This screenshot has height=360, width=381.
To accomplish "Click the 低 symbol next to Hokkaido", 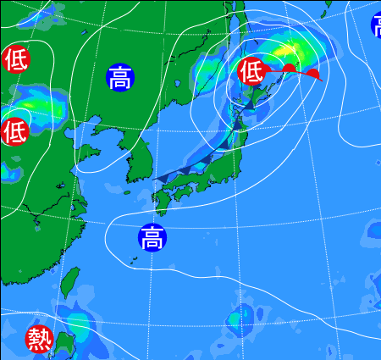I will [251, 71].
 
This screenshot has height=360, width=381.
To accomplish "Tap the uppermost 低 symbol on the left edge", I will [14, 59].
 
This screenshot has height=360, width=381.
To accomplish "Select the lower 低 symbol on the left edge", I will [14, 131].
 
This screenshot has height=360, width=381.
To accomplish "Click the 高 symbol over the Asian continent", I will [120, 78].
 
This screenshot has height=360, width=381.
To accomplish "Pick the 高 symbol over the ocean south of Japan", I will [152, 238].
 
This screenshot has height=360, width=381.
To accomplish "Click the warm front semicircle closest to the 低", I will [289, 68].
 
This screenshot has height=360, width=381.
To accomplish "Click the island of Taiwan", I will [70, 284].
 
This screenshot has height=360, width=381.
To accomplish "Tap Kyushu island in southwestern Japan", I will [161, 202].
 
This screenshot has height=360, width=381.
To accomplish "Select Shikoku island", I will [185, 193].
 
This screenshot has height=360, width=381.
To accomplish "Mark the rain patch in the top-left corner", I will [47, 12].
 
